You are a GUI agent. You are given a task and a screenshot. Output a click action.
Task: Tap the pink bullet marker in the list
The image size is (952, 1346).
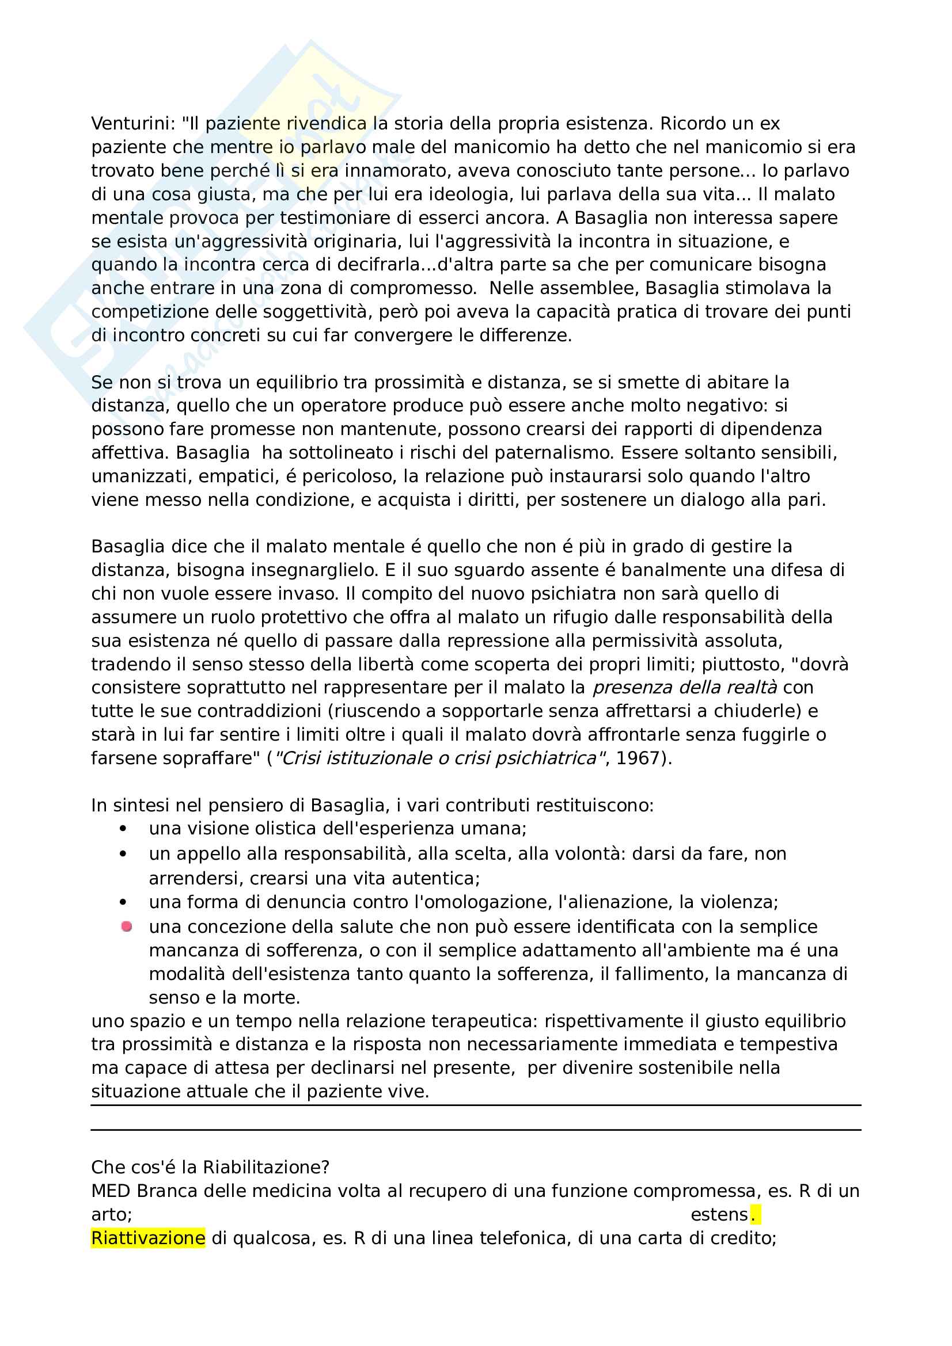coord(126,927)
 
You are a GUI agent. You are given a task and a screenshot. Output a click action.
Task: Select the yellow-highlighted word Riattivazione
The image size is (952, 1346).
coord(148,1238)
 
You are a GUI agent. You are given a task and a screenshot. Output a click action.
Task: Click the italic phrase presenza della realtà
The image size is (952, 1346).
coord(685,687)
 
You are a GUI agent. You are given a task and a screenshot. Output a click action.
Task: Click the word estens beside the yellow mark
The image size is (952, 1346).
coord(719,1215)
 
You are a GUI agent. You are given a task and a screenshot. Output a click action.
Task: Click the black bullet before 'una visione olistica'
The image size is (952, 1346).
coord(123,828)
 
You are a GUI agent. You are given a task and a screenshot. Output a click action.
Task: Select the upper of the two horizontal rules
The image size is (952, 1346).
coord(476,1105)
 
